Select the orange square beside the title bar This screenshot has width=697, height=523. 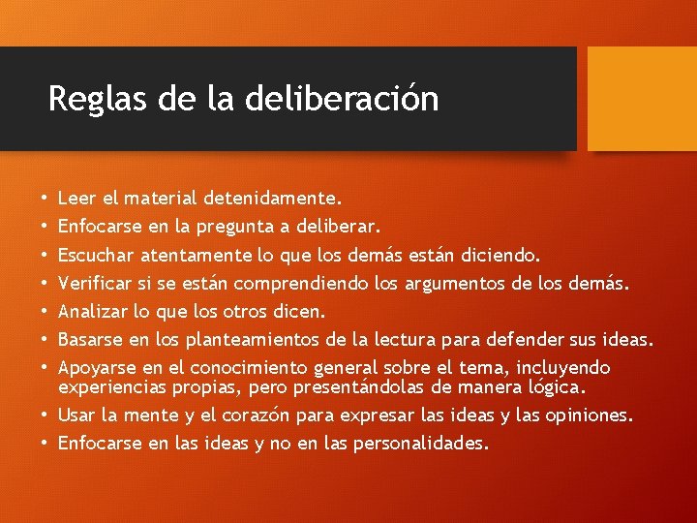click(x=642, y=99)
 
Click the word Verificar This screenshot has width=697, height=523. click(x=95, y=284)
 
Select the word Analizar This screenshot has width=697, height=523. click(x=94, y=312)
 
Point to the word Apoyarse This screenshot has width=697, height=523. click(x=96, y=368)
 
